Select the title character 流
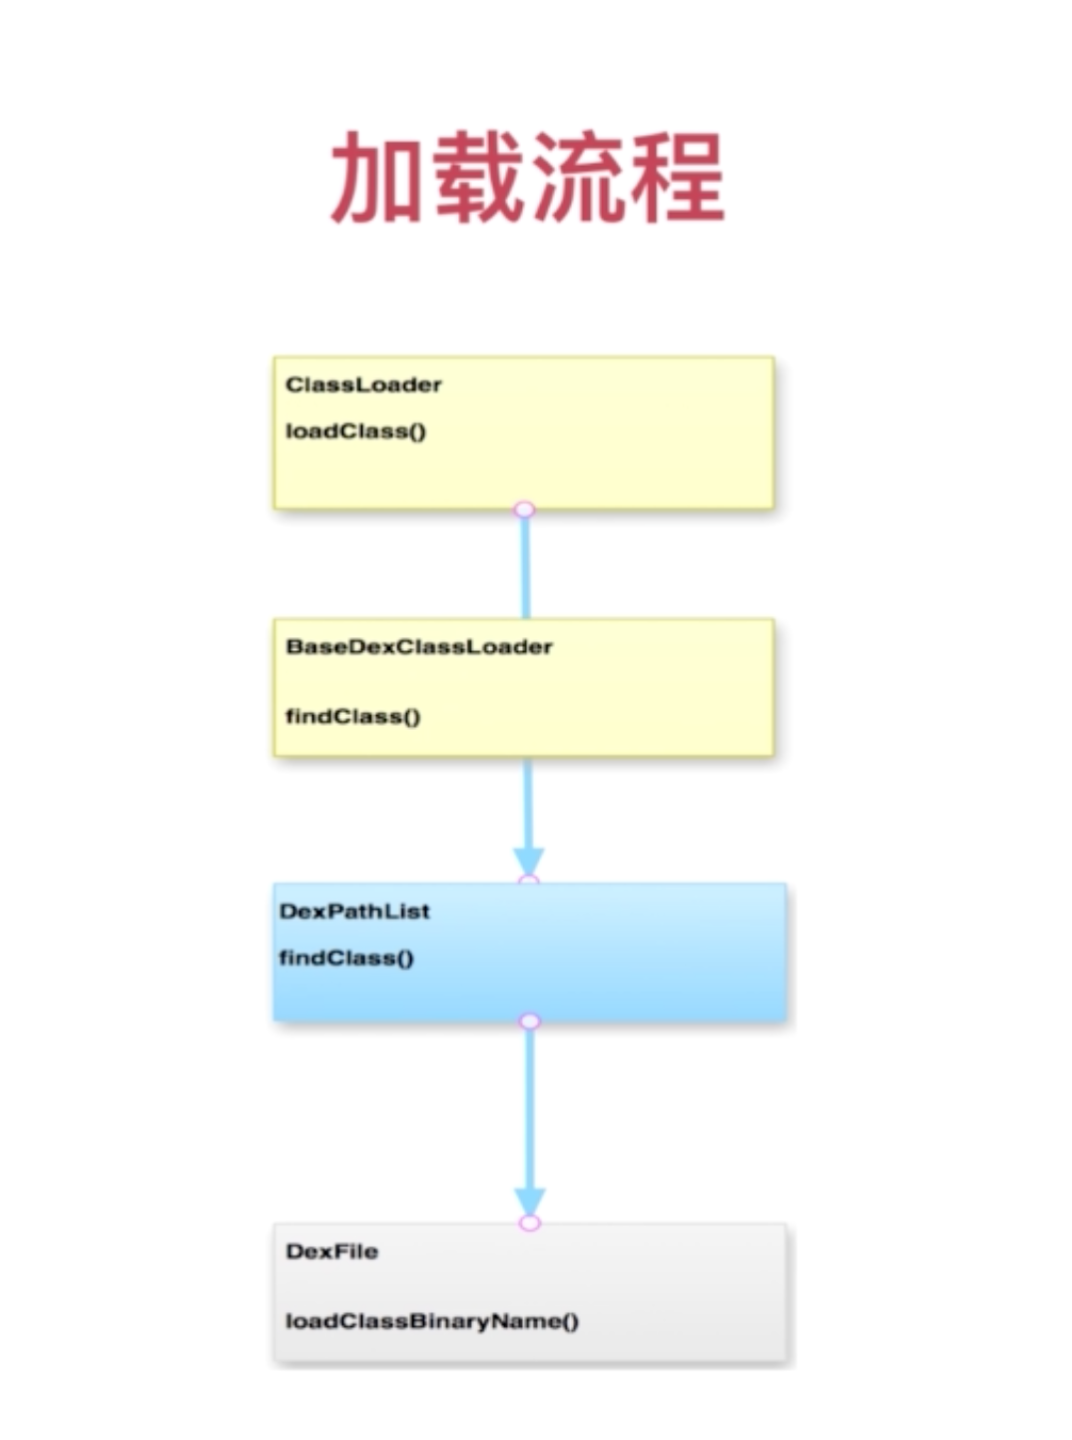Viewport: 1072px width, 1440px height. coord(577,178)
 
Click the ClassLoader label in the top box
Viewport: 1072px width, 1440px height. coord(363,384)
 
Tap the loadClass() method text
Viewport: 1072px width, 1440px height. coord(355,431)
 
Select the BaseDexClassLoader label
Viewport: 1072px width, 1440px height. coord(419,646)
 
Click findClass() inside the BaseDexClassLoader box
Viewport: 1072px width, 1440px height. coord(353,716)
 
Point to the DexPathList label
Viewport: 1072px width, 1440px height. coord(354,911)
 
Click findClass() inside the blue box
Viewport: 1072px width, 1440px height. coord(346,958)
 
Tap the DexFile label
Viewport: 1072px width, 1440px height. coord(331,1251)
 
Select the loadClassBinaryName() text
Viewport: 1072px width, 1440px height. coord(432,1321)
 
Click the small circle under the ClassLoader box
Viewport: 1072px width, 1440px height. coord(525,510)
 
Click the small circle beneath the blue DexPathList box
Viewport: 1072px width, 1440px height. coord(530,1021)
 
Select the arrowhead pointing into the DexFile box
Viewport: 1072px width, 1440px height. coord(530,1199)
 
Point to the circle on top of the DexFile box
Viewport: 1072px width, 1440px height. coord(530,1223)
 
